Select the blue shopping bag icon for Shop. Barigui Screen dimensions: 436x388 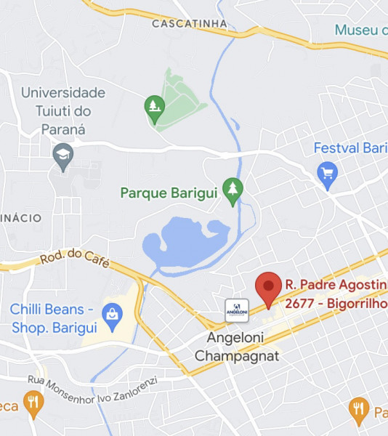coord(112,315)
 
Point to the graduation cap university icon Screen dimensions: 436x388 coord(63,156)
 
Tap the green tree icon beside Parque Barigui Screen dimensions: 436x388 coord(233,190)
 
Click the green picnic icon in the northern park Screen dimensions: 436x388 coord(154,108)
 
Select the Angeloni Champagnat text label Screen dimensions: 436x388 coord(237,347)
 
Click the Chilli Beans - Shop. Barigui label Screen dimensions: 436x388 coord(53,318)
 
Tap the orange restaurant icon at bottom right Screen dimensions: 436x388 coord(358,409)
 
